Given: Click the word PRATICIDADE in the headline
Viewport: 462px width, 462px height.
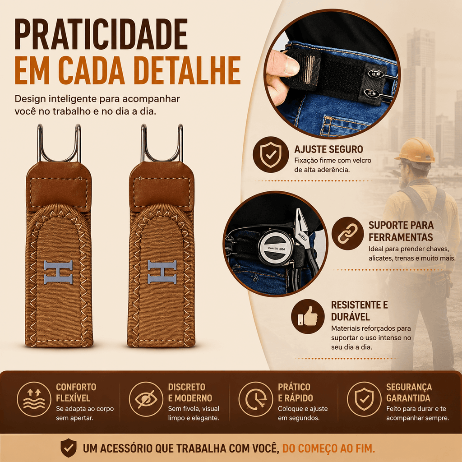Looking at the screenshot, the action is click(101, 34).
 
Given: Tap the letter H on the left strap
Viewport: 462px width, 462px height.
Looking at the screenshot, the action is click(58, 272).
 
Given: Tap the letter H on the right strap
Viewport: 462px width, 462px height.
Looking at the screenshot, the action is click(162, 272).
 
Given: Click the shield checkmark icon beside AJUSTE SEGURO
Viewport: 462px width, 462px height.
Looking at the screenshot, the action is click(271, 154).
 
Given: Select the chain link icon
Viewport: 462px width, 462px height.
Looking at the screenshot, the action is click(347, 233).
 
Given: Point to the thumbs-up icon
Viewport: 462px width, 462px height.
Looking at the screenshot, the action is click(308, 316).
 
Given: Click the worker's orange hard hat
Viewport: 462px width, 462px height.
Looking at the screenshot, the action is click(416, 150).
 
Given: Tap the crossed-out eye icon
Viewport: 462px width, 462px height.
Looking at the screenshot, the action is click(146, 399).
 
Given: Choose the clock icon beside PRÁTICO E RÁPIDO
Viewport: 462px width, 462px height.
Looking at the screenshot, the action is click(255, 399).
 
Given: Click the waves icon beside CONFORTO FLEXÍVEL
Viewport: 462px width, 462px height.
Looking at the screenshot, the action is click(34, 399).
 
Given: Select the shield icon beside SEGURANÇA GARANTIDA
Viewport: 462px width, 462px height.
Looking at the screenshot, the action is click(364, 399).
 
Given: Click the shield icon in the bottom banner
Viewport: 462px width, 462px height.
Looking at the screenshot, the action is click(69, 448).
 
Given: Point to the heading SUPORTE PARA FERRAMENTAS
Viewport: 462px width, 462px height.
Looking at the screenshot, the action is click(401, 231).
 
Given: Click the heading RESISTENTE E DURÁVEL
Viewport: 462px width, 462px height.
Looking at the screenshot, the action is click(360, 310).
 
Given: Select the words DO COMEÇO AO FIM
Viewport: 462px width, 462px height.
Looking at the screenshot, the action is click(328, 448).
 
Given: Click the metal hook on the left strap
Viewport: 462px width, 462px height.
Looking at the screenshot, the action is click(59, 143).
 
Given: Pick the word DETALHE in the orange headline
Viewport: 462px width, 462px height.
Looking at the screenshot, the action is click(187, 70).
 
